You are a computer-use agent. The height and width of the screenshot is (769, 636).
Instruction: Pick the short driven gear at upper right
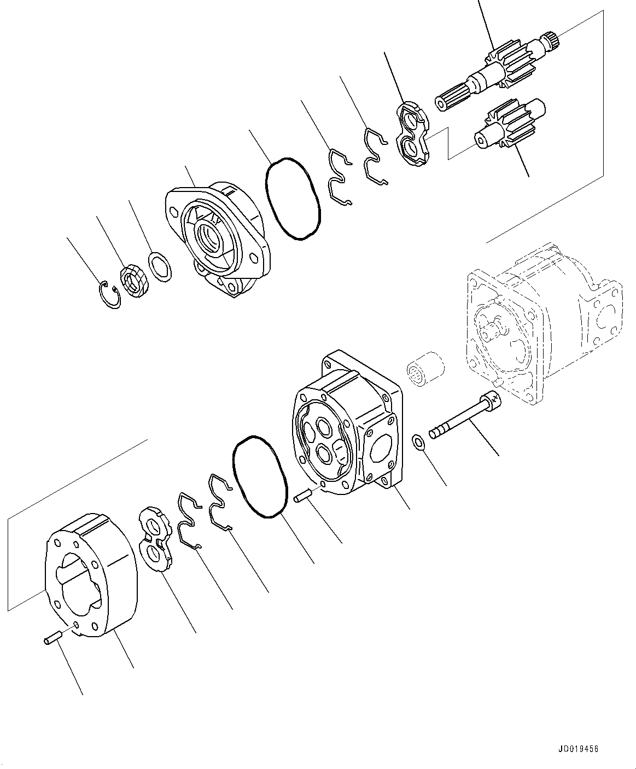506,125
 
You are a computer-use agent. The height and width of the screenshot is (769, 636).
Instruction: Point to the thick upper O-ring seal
292,199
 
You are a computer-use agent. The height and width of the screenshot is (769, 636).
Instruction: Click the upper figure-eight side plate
413,135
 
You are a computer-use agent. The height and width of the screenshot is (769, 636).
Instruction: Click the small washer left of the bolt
418,441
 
